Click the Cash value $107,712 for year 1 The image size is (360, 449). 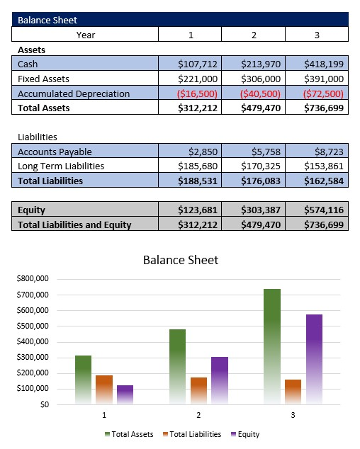point(198,64)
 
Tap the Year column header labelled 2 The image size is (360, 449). point(253,34)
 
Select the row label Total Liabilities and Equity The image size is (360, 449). point(74,224)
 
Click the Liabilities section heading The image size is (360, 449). point(38,137)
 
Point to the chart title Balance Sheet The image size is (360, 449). point(180,260)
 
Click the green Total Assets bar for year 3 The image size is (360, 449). point(272,347)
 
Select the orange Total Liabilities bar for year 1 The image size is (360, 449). point(104,390)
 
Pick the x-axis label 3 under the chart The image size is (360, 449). point(293,414)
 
